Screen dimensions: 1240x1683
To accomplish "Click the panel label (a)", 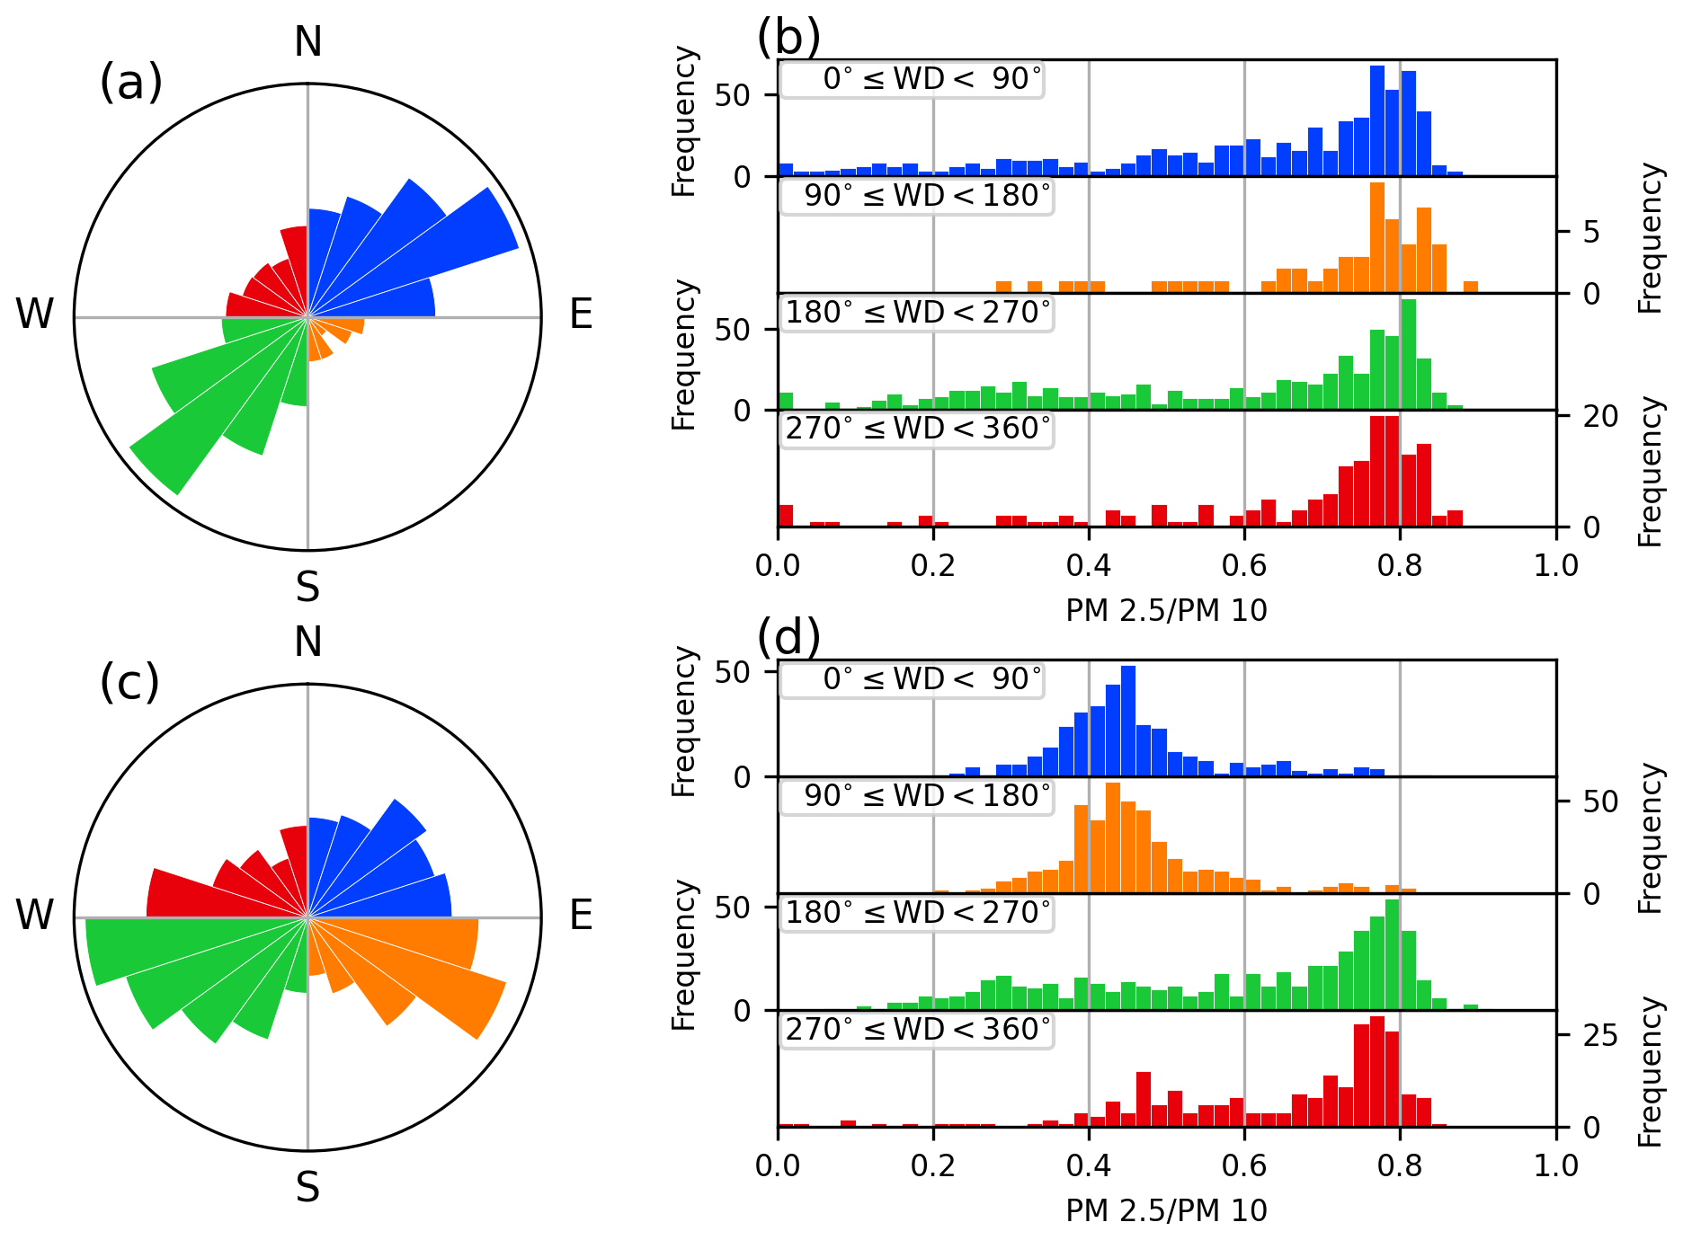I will point(131,83).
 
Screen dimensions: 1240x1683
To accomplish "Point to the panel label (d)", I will point(788,637).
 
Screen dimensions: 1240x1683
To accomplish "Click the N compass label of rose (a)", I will point(308,41).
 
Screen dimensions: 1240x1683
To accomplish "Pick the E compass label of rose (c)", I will point(581,916).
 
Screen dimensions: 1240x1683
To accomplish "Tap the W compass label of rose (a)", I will point(34,314).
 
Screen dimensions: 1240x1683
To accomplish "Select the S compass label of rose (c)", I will point(307,1188).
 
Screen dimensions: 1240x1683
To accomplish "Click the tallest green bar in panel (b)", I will point(1409,354).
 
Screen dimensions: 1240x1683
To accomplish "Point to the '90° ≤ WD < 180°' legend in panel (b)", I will point(918,196).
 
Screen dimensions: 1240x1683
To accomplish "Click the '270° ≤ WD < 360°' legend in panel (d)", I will point(918,1030).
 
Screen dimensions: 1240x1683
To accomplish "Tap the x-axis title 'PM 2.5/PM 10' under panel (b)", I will point(1166,611).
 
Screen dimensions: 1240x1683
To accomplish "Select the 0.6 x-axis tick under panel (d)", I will point(1244,1166).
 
